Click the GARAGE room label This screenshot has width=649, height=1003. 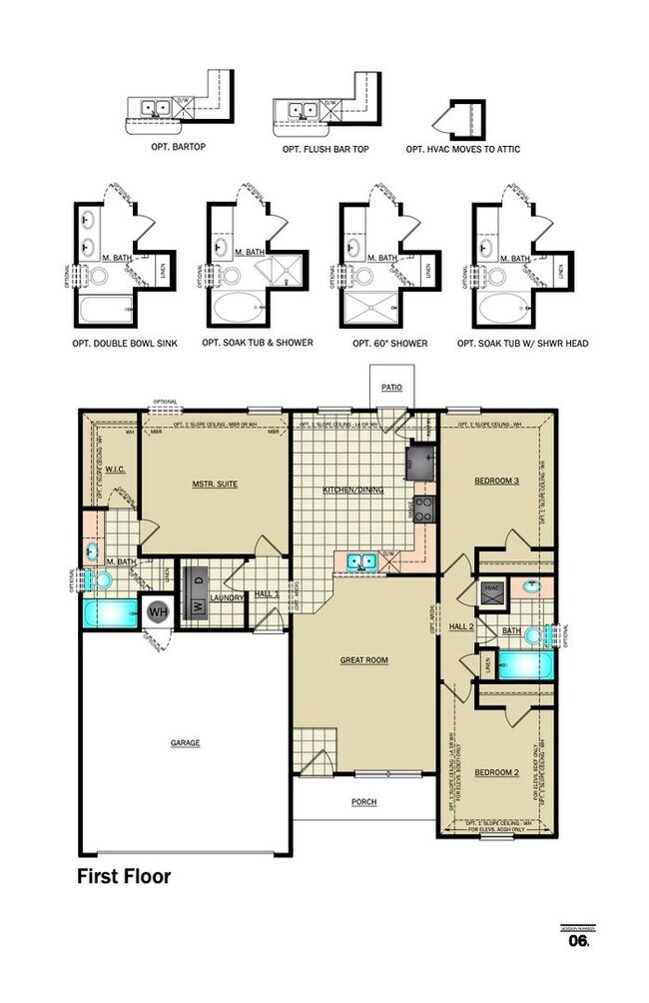tap(185, 743)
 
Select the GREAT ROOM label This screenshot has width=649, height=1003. tap(363, 660)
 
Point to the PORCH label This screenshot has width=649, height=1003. tap(363, 802)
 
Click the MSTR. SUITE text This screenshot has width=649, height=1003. tap(215, 485)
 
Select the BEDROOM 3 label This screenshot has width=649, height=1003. tap(496, 481)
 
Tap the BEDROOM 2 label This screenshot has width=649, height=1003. tap(496, 773)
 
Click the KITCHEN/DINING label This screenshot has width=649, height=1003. tap(350, 491)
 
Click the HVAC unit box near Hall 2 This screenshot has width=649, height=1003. tap(491, 589)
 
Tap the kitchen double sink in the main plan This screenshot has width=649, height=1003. tap(360, 561)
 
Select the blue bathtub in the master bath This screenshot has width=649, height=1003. tap(109, 613)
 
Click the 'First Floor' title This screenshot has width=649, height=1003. tap(124, 877)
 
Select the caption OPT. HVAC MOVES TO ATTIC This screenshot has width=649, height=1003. tap(462, 149)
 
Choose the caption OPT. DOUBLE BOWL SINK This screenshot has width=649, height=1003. tap(125, 343)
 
